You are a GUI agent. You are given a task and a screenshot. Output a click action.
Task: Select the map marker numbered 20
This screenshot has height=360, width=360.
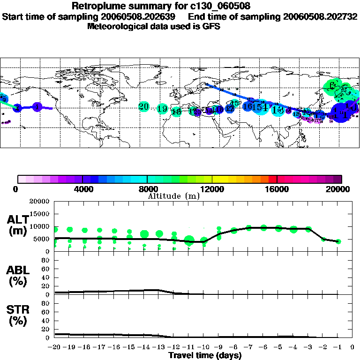click(144, 106)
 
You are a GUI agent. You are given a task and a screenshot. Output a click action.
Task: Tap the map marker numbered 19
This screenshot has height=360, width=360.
click(162, 109)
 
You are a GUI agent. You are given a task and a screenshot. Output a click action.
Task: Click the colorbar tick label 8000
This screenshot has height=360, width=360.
click(147, 189)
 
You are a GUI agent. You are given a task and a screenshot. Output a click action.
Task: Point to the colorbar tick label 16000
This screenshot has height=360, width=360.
click(277, 189)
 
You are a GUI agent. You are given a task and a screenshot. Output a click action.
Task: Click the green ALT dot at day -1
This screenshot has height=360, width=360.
click(338, 241)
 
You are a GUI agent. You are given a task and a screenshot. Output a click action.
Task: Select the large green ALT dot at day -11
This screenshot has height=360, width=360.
click(189, 240)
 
